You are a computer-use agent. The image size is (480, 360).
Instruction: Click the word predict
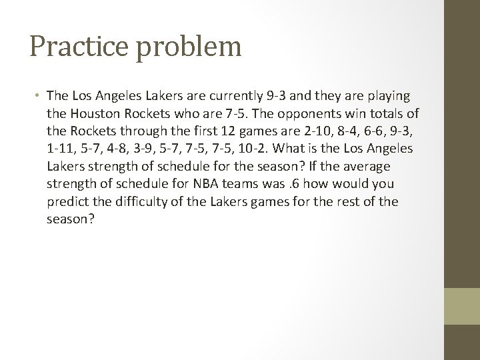(67, 201)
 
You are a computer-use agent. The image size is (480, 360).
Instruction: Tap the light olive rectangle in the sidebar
(462, 306)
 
